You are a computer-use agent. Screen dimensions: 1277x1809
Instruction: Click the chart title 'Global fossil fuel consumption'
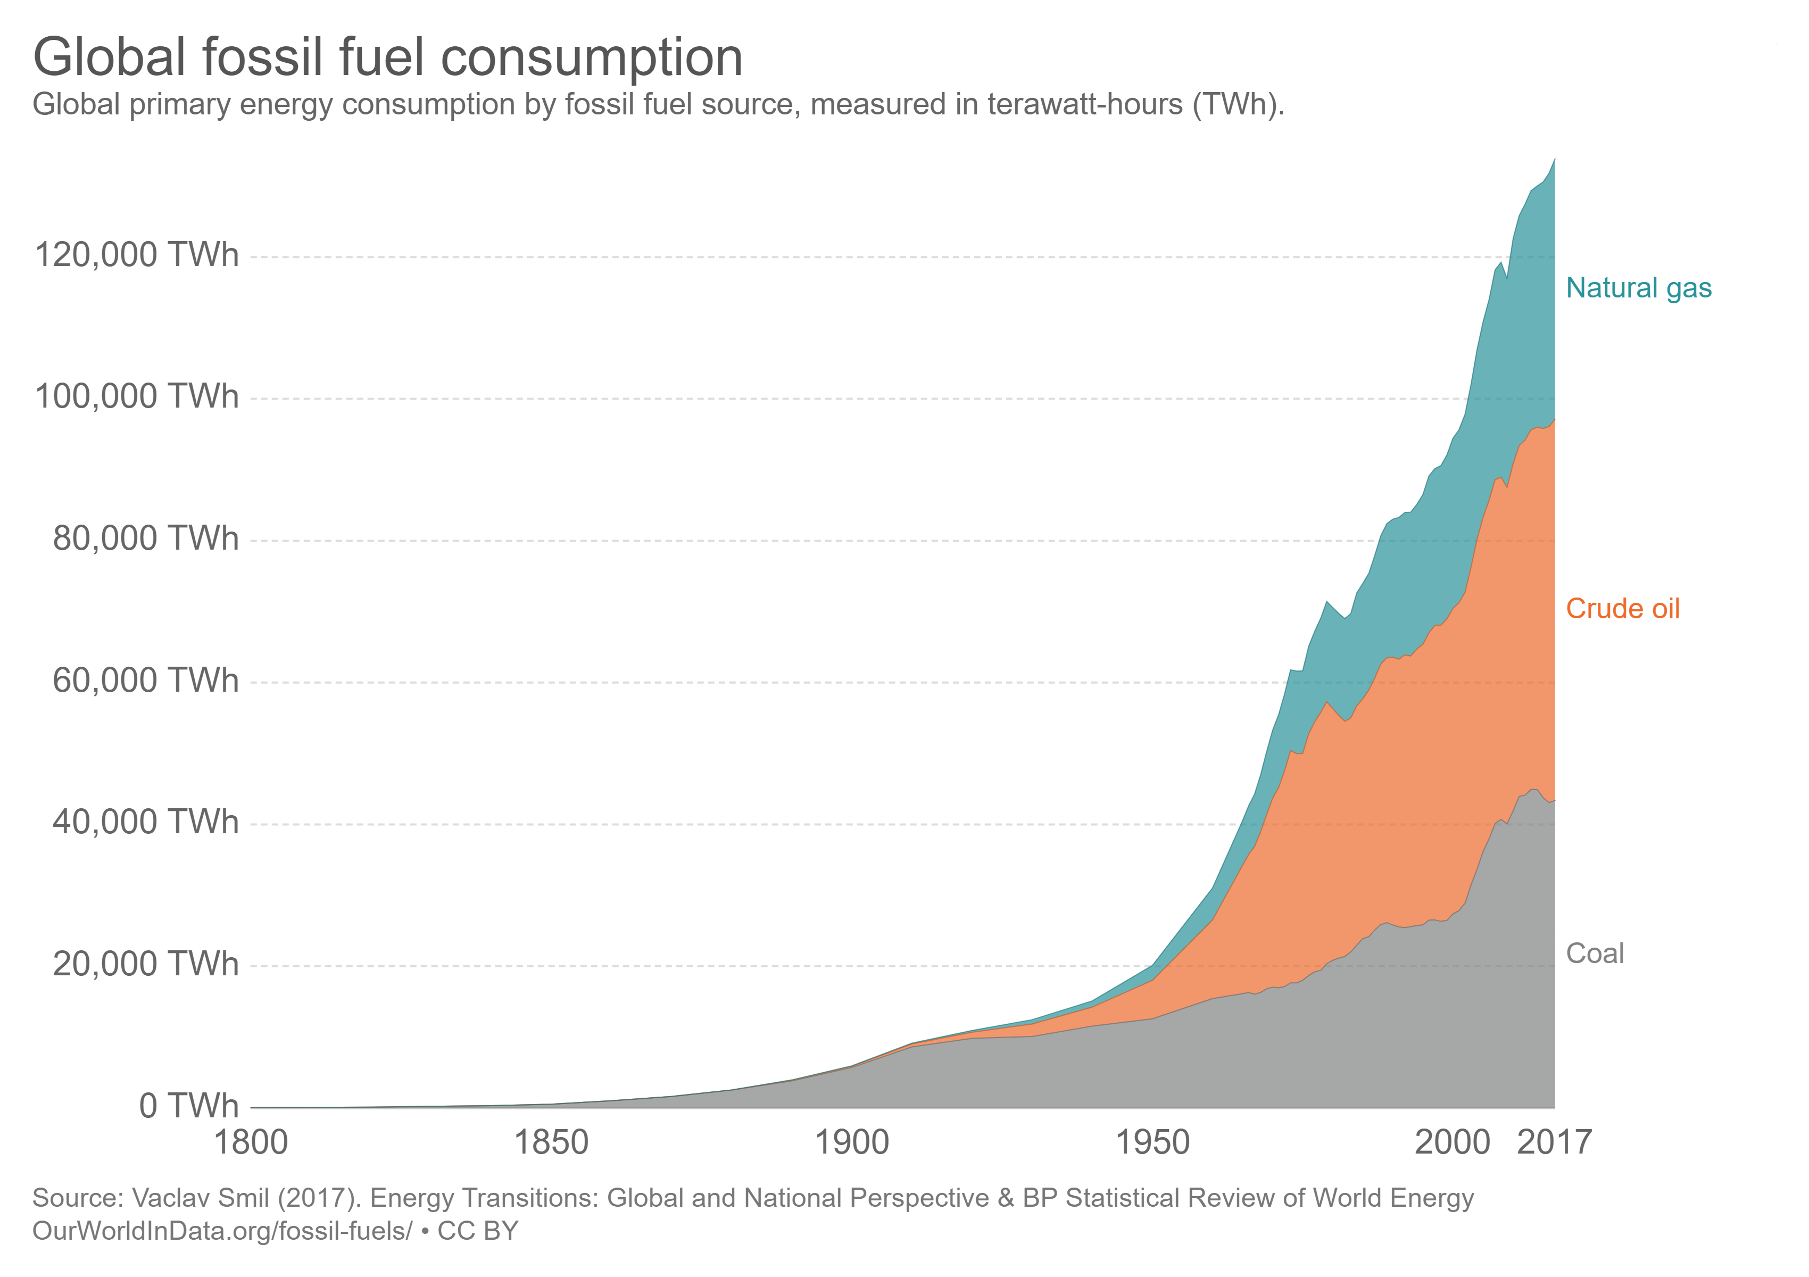tap(388, 57)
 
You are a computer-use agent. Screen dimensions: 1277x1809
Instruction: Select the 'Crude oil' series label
tap(1622, 608)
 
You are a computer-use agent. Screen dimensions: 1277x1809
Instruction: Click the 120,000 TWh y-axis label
tap(136, 255)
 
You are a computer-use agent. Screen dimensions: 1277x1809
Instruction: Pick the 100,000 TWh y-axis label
tap(136, 396)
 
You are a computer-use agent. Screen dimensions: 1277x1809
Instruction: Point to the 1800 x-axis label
tap(251, 1143)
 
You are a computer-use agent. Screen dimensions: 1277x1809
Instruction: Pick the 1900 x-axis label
tap(852, 1143)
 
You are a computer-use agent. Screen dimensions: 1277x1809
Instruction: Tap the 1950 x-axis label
tap(1152, 1143)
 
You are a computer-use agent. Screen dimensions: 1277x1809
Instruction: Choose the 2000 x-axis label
tap(1452, 1143)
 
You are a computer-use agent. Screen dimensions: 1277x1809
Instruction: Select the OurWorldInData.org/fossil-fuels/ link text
tap(222, 1231)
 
